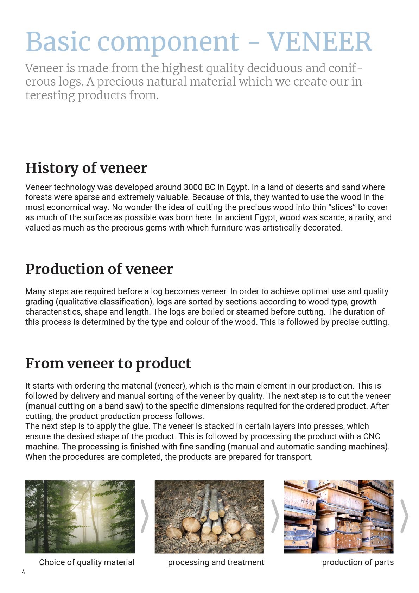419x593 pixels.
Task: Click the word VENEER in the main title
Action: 319,42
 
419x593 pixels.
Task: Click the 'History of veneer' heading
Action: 86,168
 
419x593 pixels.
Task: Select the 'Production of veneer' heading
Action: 99,269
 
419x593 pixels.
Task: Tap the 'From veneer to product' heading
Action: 108,363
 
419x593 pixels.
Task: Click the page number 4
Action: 24,572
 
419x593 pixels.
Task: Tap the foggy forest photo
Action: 80,516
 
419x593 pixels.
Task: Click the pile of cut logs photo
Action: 209,516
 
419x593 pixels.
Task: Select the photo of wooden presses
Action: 338,516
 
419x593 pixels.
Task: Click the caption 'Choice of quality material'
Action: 87,562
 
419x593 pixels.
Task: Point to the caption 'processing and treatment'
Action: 216,562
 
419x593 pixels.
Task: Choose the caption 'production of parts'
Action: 357,562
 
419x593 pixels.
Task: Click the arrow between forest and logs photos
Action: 145,516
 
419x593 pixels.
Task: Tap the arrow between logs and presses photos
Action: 275,516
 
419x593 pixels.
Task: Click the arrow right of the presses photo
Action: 405,516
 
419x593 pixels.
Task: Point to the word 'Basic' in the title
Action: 58,42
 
